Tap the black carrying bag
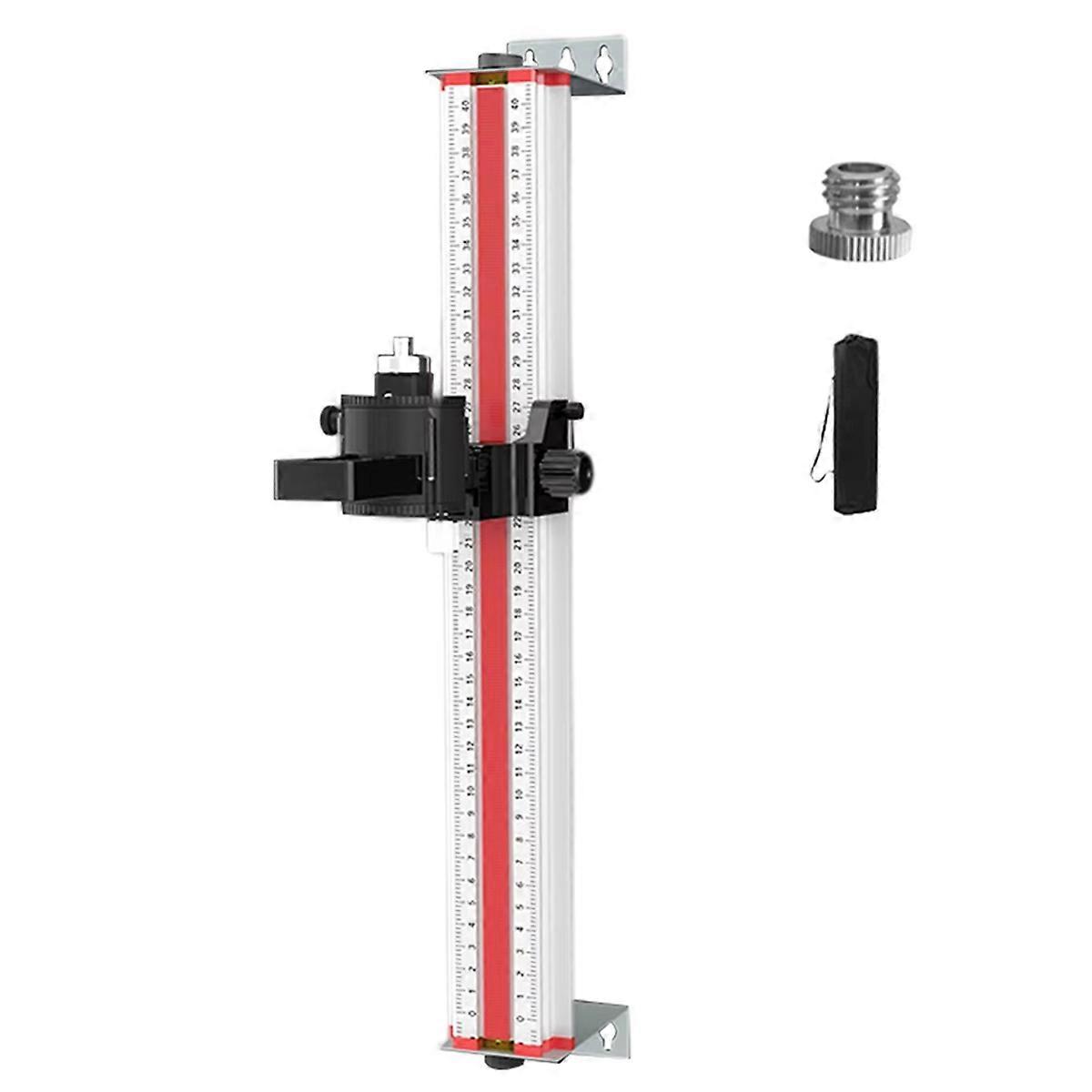[855, 424]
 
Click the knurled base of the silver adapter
[859, 238]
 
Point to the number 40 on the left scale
[467, 106]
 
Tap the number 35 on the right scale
[516, 220]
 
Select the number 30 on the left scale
[467, 338]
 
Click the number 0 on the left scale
[470, 1013]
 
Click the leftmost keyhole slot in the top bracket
[530, 58]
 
